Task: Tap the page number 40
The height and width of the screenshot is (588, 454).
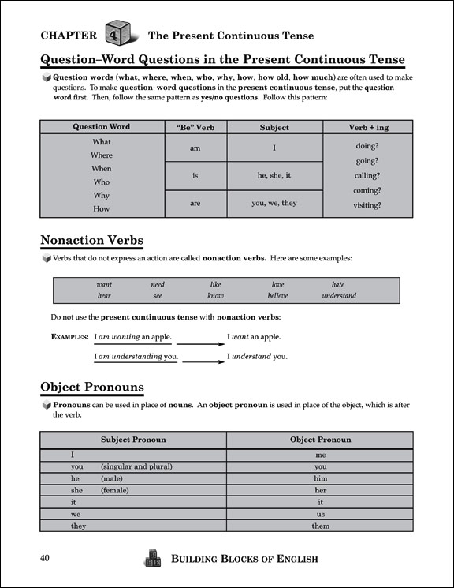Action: pos(45,559)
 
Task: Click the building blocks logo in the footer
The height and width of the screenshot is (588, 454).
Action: pos(152,557)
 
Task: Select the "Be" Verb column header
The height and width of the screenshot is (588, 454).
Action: pos(195,127)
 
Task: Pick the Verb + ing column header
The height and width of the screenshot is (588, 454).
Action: pos(367,127)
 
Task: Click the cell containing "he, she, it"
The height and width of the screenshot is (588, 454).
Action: pos(274,176)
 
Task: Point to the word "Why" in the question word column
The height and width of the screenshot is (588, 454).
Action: pos(102,195)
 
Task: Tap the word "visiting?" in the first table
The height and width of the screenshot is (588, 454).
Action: pos(367,205)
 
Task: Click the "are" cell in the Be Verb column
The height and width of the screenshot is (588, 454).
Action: pos(195,203)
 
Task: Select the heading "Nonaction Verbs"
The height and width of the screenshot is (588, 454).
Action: pos(91,240)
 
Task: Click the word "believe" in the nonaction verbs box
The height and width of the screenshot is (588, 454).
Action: pos(277,296)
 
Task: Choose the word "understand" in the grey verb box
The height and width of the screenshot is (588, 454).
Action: pos(339,296)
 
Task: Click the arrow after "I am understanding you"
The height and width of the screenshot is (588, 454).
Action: pos(203,361)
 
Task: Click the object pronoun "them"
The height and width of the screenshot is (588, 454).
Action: pos(320,526)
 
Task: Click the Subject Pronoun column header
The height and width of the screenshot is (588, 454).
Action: pos(133,440)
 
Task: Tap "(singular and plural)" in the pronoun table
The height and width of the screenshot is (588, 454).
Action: pos(136,466)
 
